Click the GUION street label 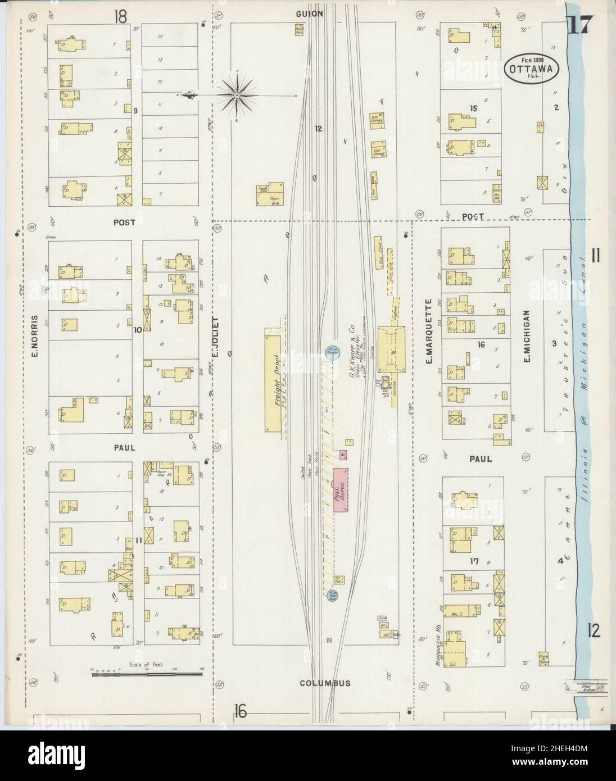tap(308, 15)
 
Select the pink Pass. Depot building tap(341, 490)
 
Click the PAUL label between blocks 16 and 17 tap(480, 459)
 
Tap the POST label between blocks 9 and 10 tap(124, 223)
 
